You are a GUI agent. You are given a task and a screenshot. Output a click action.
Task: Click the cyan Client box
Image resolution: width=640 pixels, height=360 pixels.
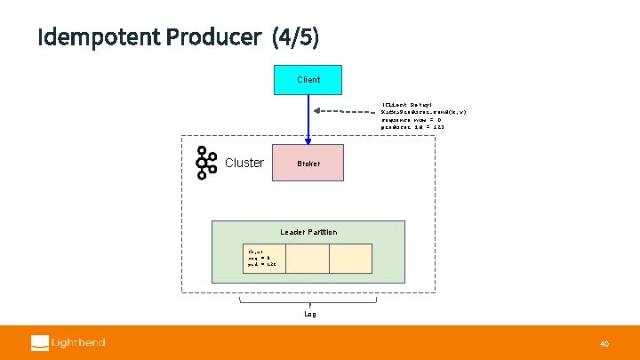point(308,79)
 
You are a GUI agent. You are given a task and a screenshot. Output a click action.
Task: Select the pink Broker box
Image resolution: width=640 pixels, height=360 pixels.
point(308,164)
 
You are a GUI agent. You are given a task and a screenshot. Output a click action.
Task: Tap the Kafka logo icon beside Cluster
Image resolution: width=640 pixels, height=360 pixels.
point(206,163)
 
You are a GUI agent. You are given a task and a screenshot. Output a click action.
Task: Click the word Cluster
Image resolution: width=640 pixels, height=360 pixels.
point(244,163)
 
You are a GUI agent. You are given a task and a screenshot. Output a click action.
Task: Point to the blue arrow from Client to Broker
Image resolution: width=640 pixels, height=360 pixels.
point(308,116)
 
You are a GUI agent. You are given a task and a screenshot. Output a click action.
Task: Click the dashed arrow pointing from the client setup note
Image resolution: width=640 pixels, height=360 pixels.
point(347,111)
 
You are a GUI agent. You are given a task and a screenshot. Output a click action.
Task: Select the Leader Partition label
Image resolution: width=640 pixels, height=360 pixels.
point(308,232)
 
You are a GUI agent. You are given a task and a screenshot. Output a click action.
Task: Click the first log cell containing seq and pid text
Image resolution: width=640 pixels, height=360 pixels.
point(264,258)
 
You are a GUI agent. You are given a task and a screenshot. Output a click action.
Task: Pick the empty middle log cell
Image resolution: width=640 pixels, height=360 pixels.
point(308,258)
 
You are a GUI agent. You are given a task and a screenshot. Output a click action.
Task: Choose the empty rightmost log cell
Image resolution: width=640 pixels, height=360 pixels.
point(350,258)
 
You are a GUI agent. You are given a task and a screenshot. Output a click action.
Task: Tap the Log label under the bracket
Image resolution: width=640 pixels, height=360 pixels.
point(309,314)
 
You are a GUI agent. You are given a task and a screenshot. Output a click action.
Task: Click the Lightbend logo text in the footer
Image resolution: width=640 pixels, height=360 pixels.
point(78,342)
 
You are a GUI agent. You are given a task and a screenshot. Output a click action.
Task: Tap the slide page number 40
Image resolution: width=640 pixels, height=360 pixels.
point(604,343)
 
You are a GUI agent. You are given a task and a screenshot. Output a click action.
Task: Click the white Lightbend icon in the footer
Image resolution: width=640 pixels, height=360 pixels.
point(40,342)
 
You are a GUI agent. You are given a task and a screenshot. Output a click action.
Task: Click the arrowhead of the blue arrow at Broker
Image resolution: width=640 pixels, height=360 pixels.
point(308,140)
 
